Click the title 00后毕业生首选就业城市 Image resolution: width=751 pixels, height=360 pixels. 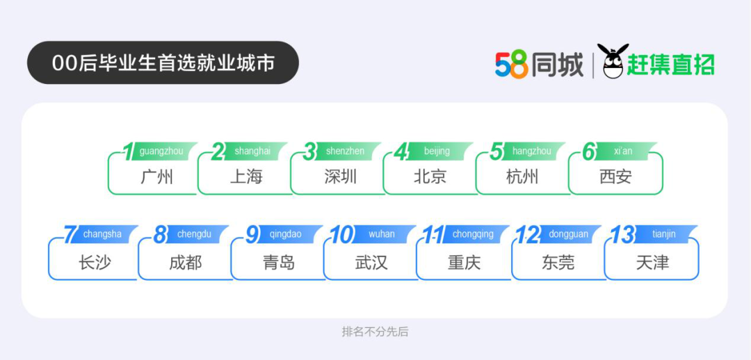click(x=163, y=63)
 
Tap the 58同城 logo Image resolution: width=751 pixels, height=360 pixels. click(x=540, y=64)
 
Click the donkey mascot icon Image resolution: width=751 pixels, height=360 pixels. click(x=613, y=60)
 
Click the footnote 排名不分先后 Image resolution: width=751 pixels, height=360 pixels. click(x=375, y=332)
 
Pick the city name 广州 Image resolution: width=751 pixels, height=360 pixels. click(x=156, y=177)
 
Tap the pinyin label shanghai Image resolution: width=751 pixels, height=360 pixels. click(x=252, y=152)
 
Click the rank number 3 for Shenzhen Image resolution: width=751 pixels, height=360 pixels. click(x=310, y=152)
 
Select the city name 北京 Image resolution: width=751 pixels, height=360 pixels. click(x=430, y=177)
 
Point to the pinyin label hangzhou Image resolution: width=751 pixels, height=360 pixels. click(x=532, y=152)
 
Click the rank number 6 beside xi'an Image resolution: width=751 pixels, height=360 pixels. click(x=589, y=152)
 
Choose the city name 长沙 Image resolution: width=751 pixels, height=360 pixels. click(x=95, y=262)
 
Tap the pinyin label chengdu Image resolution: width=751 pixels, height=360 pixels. click(x=194, y=234)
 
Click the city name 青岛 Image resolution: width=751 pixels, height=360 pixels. click(x=278, y=262)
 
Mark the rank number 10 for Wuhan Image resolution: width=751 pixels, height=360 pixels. click(x=342, y=235)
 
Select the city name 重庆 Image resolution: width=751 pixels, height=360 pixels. click(x=464, y=262)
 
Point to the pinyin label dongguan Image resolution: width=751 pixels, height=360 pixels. click(x=569, y=234)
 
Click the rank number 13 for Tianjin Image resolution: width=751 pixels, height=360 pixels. click(x=622, y=235)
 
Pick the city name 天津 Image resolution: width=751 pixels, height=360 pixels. click(x=653, y=262)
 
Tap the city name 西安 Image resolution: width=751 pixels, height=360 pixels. click(x=615, y=177)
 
